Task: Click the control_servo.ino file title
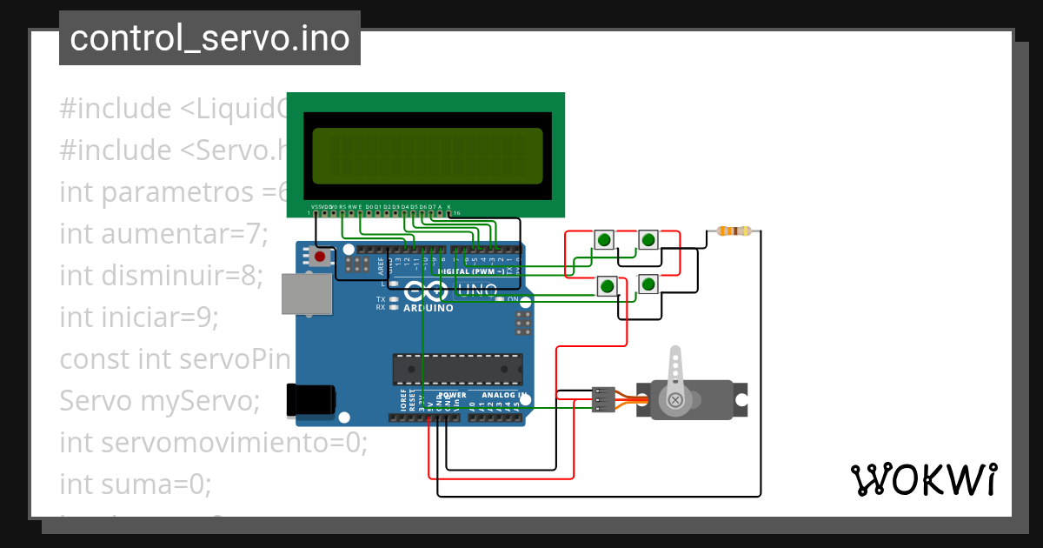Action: pyautogui.click(x=209, y=38)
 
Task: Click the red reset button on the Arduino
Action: pyautogui.click(x=320, y=257)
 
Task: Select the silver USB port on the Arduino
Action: pyautogui.click(x=307, y=294)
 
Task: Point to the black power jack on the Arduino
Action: pyautogui.click(x=311, y=399)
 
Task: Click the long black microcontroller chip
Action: pyautogui.click(x=457, y=369)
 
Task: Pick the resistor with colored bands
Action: pyautogui.click(x=735, y=231)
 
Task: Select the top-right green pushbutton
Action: pyautogui.click(x=648, y=239)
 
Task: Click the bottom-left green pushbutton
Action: pyautogui.click(x=608, y=285)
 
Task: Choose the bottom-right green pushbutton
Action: pyautogui.click(x=648, y=284)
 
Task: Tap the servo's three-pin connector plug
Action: pyautogui.click(x=602, y=399)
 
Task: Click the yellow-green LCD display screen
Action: pyautogui.click(x=427, y=157)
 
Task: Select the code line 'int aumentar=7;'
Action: pyautogui.click(x=163, y=233)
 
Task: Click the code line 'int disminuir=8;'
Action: pyautogui.click(x=161, y=275)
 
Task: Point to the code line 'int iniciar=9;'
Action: pyautogui.click(x=139, y=317)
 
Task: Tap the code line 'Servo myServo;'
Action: pyautogui.click(x=160, y=401)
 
